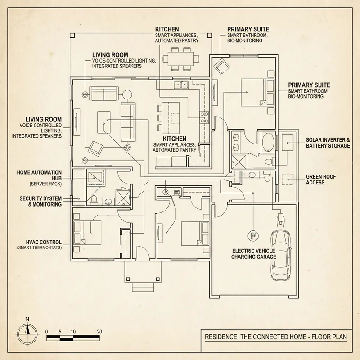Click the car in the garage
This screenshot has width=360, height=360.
tap(280, 255)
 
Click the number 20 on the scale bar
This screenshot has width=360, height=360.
tap(99, 332)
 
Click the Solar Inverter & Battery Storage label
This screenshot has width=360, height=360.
tap(328, 143)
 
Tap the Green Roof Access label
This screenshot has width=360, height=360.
tap(321, 180)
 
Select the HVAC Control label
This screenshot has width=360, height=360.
tap(39, 245)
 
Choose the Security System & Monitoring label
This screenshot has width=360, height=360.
tap(41, 201)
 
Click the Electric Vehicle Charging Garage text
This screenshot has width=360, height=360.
tap(254, 254)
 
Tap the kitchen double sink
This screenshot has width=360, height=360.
tap(182, 85)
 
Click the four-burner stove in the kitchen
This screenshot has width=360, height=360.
tap(204, 118)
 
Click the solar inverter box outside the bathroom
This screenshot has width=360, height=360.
tap(287, 144)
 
